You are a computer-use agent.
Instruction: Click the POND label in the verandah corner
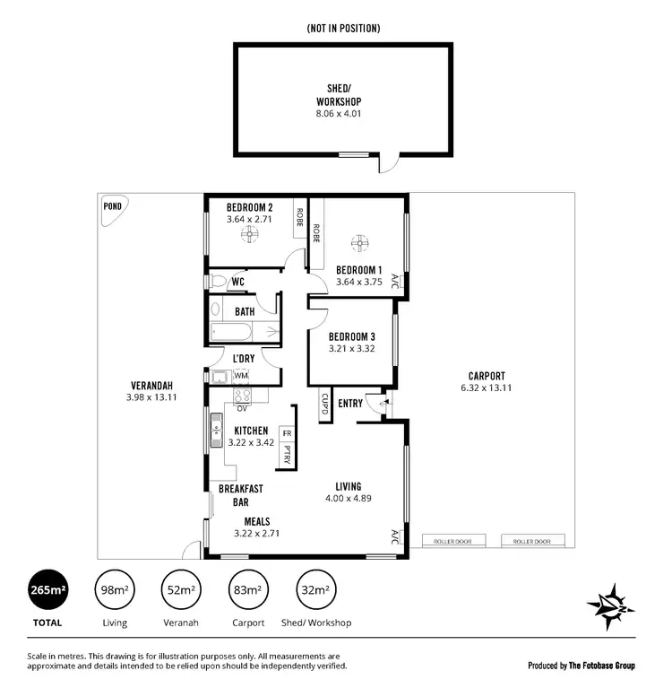pyautogui.click(x=114, y=205)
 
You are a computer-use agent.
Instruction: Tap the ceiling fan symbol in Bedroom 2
pyautogui.click(x=249, y=236)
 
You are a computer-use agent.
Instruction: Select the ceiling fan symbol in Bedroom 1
pyautogui.click(x=360, y=241)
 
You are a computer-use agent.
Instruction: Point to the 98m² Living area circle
pyautogui.click(x=114, y=589)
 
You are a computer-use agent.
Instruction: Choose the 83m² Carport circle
pyautogui.click(x=247, y=589)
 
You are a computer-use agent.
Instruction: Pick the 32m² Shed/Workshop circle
pyautogui.click(x=314, y=589)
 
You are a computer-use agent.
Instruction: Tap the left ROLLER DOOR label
pyautogui.click(x=453, y=541)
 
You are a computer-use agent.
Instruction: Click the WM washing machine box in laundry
pyautogui.click(x=241, y=375)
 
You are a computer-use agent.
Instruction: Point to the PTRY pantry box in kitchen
pyautogui.click(x=287, y=454)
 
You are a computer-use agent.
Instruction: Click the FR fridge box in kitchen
pyautogui.click(x=287, y=432)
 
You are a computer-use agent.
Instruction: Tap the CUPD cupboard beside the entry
pyautogui.click(x=323, y=405)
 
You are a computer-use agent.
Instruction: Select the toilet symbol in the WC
pyautogui.click(x=217, y=282)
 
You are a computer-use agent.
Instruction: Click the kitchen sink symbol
pyautogui.click(x=215, y=431)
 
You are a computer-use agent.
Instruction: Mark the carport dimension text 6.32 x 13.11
pyautogui.click(x=487, y=388)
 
